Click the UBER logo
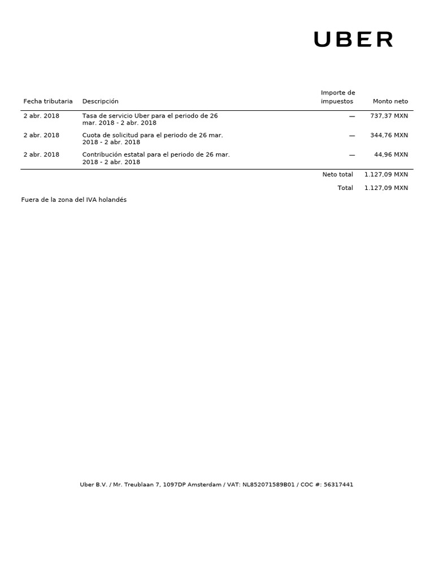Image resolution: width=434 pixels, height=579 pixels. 353,40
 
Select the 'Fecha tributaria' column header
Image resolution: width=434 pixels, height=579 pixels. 48,101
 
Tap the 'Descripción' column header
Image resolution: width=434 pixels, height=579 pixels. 101,101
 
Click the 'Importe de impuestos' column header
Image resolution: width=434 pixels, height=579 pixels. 338,97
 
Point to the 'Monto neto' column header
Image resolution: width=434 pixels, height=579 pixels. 390,101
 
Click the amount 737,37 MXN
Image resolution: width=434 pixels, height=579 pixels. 389,116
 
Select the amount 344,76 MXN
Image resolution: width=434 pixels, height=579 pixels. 389,135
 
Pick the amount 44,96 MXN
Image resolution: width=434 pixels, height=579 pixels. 391,154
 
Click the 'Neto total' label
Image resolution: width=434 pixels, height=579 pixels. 337,175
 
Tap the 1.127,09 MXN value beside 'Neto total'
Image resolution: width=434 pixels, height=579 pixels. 386,175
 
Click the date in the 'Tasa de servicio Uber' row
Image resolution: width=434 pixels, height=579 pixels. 41,116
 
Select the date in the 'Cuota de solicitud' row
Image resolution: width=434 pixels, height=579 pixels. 41,135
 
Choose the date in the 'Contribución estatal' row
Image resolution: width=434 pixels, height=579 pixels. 41,154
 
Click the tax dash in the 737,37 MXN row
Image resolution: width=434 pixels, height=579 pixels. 352,116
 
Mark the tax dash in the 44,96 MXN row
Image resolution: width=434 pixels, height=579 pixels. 352,154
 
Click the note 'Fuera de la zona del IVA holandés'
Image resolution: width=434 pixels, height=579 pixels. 74,200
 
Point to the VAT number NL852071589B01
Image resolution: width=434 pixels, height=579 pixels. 268,485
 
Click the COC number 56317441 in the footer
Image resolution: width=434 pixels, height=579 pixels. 338,485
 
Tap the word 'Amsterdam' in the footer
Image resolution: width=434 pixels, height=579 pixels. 205,485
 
